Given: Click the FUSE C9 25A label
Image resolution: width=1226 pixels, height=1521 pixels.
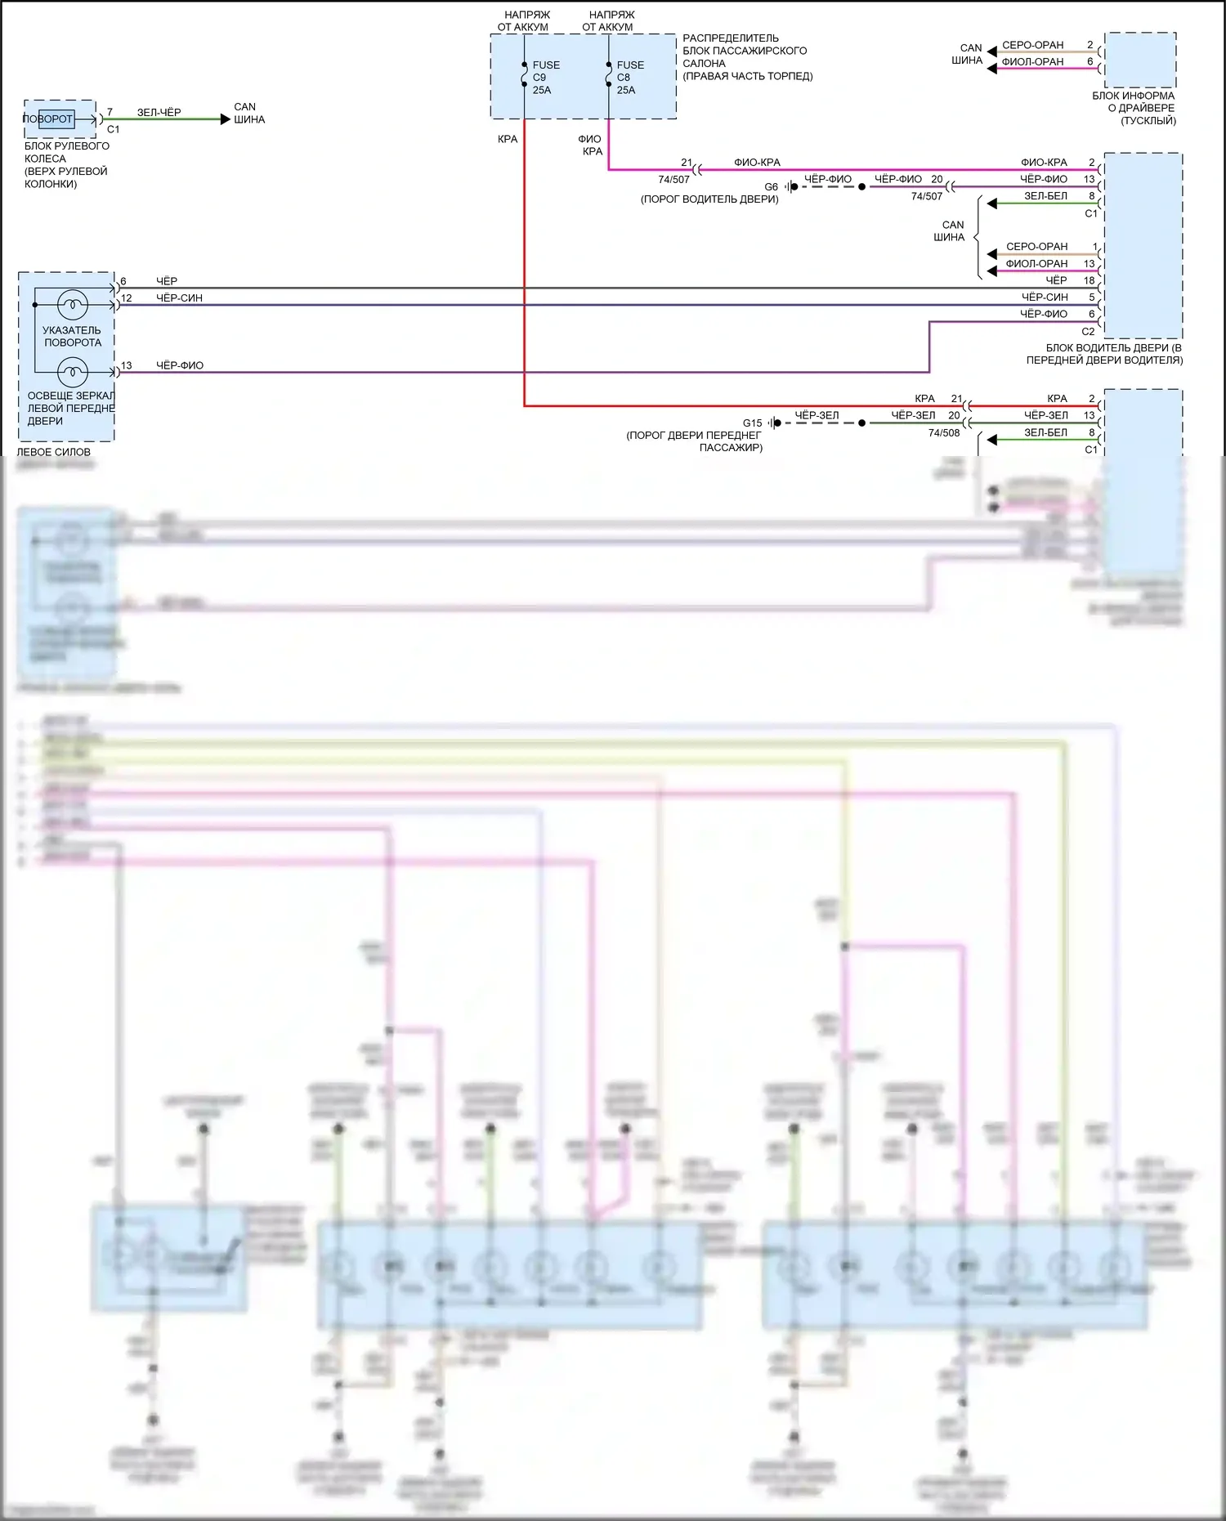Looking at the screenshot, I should (x=546, y=78).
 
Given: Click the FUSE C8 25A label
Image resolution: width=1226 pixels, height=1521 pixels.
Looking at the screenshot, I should (x=630, y=78).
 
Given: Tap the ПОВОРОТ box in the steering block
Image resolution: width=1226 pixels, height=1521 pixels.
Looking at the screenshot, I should (x=49, y=119).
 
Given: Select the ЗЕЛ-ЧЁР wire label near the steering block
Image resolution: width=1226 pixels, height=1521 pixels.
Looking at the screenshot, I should (x=159, y=113).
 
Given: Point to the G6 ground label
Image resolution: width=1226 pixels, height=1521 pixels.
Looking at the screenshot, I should (x=771, y=187).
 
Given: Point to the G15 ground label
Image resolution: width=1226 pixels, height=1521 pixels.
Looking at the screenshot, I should (x=752, y=423).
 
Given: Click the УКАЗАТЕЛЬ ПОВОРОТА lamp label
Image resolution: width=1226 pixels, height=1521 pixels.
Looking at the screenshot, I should (x=72, y=337).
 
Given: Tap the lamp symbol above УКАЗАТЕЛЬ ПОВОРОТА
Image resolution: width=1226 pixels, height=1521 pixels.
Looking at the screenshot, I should (x=72, y=305).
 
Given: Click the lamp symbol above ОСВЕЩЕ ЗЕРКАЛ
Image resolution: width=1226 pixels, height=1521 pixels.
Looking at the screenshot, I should (x=72, y=373).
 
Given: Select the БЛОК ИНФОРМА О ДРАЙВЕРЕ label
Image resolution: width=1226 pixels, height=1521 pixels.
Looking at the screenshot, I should (x=1134, y=108).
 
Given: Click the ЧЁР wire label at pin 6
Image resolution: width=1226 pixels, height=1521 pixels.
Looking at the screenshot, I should (x=167, y=281).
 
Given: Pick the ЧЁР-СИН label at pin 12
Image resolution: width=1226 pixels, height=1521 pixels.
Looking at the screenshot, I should (x=179, y=298).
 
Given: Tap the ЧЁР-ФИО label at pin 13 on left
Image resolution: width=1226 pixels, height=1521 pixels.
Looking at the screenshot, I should (x=180, y=365).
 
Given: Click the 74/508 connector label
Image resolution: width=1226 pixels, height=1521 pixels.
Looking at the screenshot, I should (x=944, y=433).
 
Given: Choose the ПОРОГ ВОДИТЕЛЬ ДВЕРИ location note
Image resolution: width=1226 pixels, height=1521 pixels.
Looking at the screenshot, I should (x=709, y=199).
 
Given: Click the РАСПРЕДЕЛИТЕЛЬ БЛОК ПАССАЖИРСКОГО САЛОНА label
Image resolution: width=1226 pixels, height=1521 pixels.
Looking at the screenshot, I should (x=747, y=57).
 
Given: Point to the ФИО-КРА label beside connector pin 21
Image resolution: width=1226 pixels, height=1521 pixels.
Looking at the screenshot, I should (x=757, y=163).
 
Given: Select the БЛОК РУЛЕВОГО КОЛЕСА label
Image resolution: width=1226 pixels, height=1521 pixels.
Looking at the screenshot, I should (x=66, y=165).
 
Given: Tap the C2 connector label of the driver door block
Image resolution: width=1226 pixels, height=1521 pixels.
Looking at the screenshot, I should (x=1088, y=332).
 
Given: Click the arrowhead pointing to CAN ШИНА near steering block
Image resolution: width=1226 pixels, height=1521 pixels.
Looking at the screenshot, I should (x=226, y=119).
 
